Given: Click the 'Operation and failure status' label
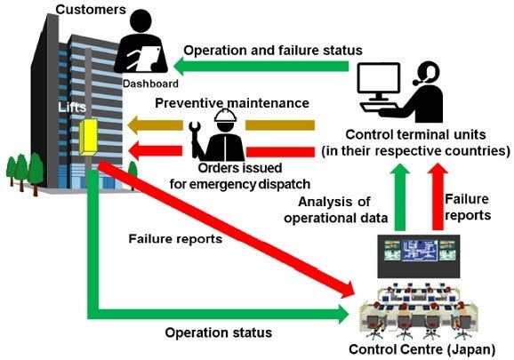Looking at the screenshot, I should point(273,50).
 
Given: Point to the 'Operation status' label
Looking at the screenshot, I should point(218,332).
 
